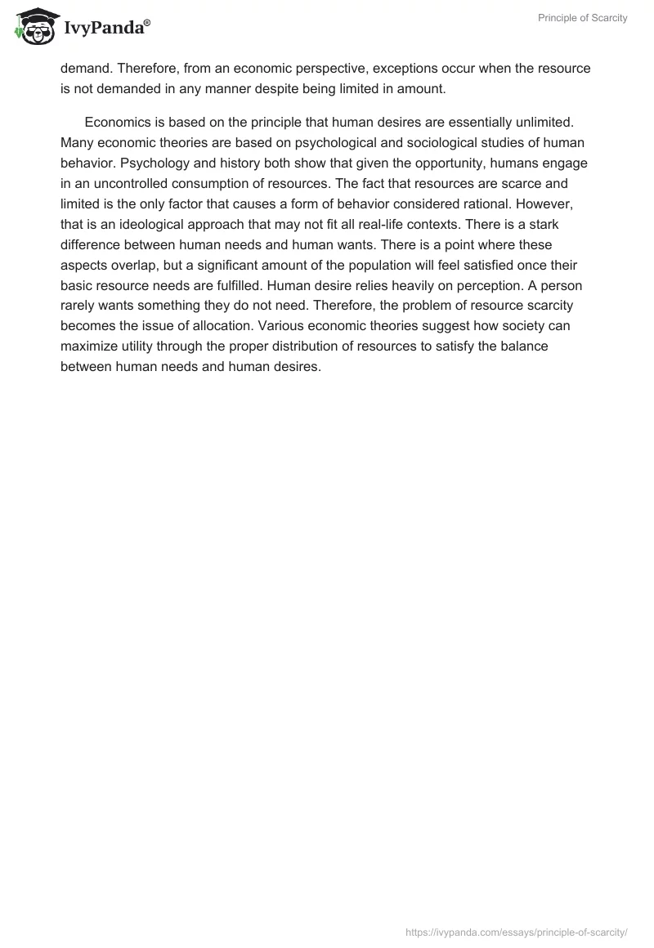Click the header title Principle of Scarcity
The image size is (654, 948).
pos(583,18)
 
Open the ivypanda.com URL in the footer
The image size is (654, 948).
pos(517,932)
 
